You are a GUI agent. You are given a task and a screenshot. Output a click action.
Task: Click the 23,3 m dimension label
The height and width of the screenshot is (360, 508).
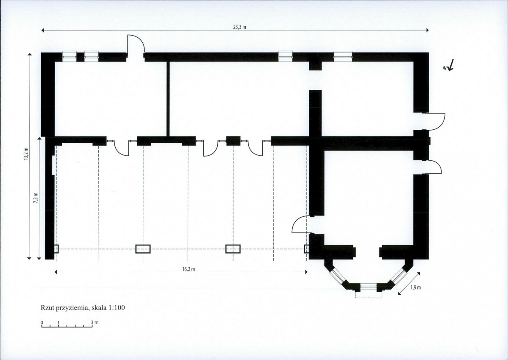tap(239, 27)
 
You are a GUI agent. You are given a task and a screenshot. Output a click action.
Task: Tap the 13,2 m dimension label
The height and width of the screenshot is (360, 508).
tap(26, 154)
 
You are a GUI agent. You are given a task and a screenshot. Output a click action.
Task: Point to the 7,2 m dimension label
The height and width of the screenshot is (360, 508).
tap(36, 198)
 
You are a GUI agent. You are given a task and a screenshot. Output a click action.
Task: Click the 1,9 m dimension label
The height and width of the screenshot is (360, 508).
tap(415, 287)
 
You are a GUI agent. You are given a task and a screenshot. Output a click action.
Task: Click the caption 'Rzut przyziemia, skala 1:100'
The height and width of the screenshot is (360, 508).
tap(83, 308)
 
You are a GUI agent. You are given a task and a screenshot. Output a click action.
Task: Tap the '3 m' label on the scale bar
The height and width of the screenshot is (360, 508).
tap(94, 322)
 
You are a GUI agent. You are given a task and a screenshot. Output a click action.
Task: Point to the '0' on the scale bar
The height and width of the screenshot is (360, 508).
tap(42, 323)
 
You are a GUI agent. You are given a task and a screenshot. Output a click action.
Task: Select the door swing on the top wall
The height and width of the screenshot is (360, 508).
tap(136, 43)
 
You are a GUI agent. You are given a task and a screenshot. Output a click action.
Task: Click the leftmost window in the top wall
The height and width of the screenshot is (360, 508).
tap(69, 56)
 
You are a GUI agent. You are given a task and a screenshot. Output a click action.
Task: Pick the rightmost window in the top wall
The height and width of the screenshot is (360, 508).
tap(343, 56)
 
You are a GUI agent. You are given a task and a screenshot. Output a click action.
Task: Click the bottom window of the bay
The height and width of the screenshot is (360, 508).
tap(368, 287)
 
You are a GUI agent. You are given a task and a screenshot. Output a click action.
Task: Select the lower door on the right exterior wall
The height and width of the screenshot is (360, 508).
tap(433, 167)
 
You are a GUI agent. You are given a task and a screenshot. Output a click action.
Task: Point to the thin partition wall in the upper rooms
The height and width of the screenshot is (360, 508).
tap(168, 99)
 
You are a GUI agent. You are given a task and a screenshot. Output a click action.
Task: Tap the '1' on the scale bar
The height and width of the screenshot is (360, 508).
tap(58, 323)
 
